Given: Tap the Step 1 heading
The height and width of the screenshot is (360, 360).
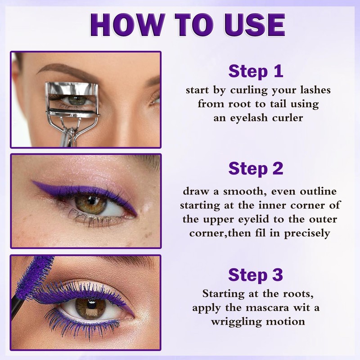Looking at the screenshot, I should (x=256, y=71).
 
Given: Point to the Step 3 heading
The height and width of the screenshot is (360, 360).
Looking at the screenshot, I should (x=256, y=274).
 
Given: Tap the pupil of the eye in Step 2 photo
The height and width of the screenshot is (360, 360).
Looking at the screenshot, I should (x=87, y=205).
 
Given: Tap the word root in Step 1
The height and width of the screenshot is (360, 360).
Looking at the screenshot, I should (x=233, y=104).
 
